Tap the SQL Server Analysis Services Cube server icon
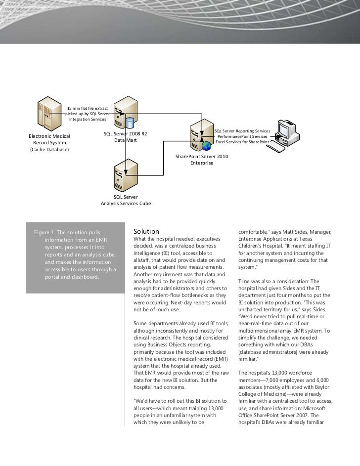click(126, 173)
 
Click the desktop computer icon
click(287, 133)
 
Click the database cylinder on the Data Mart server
click(130, 122)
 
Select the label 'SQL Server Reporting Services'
click(242, 130)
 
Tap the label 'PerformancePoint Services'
click(242, 136)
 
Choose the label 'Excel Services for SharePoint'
click(242, 142)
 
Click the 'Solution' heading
click(146, 231)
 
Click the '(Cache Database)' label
click(50, 150)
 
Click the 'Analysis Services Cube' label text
click(126, 203)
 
